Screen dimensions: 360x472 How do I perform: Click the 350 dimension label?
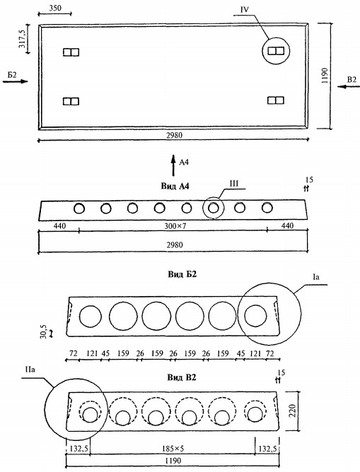54,8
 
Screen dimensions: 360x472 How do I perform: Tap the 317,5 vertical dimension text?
23,39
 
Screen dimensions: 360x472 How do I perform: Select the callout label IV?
245,10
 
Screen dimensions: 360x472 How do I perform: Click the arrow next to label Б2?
15,81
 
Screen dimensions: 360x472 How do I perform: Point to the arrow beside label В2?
349,87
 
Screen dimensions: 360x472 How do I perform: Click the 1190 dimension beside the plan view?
325,76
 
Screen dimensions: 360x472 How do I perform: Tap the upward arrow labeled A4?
173,165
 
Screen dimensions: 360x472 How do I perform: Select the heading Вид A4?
175,187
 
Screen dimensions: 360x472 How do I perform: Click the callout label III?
234,184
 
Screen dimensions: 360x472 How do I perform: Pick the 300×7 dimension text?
175,226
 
